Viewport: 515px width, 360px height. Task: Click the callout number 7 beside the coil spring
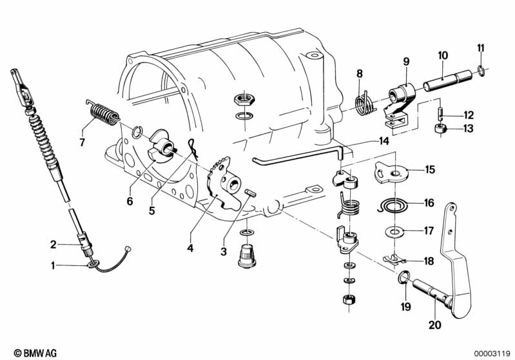coord(82,142)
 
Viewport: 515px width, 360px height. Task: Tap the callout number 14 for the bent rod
coord(384,141)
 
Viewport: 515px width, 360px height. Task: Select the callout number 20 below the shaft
coord(435,325)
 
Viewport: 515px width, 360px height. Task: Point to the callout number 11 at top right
coord(480,48)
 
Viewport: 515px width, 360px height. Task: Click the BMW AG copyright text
coord(35,353)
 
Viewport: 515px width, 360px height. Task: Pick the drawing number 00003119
coord(492,354)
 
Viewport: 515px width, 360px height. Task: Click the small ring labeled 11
coord(481,71)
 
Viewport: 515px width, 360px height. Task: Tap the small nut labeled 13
coord(439,128)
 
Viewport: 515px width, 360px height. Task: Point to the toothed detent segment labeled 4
coord(222,184)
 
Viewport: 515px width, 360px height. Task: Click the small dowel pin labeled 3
coord(251,193)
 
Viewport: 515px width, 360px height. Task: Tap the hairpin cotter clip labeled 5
coord(193,149)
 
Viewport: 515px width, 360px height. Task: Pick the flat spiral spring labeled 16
coord(393,207)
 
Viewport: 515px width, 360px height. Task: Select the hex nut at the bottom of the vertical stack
coord(348,299)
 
